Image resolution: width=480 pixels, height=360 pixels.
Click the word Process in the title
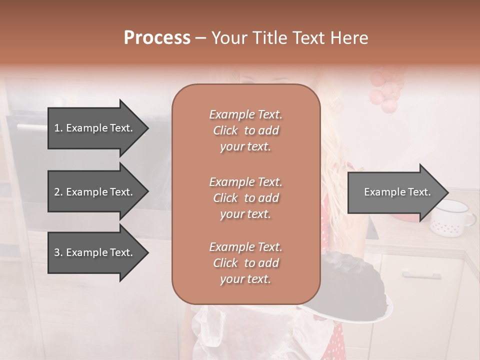pos(157,38)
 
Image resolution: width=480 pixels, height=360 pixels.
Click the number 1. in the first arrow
pos(58,128)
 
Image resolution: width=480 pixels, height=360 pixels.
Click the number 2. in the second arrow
pos(58,192)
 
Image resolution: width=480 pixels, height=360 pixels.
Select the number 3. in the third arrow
pos(58,252)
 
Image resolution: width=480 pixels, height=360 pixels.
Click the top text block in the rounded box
pos(245,130)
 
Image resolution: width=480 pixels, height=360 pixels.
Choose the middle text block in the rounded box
pos(245,198)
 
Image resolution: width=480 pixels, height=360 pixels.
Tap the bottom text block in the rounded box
pos(245,263)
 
